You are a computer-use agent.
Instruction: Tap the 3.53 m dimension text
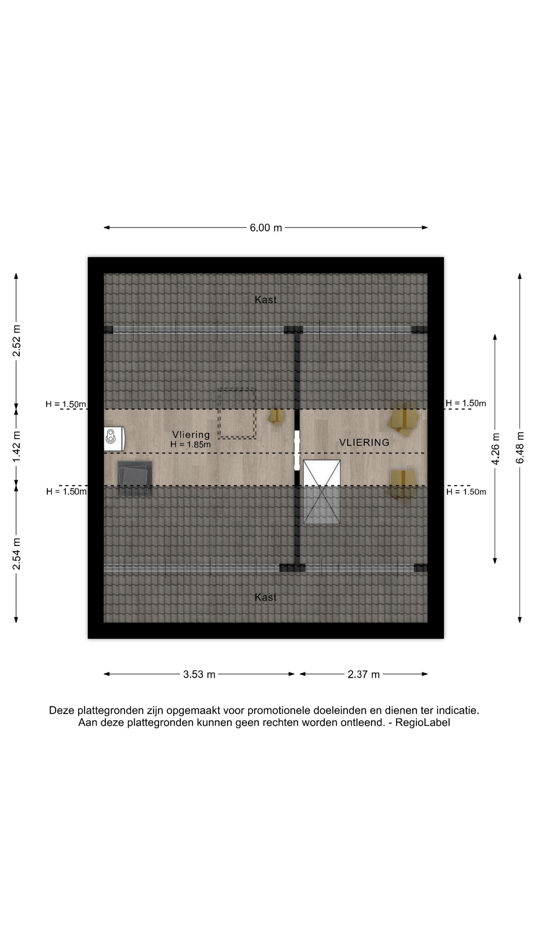pyautogui.click(x=199, y=674)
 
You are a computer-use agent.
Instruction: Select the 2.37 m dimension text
pyautogui.click(x=364, y=674)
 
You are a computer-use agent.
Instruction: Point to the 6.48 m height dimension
pyautogui.click(x=520, y=447)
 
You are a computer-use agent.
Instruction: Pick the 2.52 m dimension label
pyautogui.click(x=16, y=341)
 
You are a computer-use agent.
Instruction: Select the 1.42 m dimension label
pyautogui.click(x=16, y=446)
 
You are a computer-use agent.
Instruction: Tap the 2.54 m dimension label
pyautogui.click(x=16, y=554)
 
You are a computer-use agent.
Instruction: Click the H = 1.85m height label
pyautogui.click(x=191, y=445)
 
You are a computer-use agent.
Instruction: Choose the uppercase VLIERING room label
pyautogui.click(x=364, y=442)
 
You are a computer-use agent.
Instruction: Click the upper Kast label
pyautogui.click(x=265, y=300)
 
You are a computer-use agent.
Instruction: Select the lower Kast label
pyautogui.click(x=265, y=597)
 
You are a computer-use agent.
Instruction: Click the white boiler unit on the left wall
pyautogui.click(x=114, y=439)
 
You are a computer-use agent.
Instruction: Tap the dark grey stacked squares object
pyautogui.click(x=135, y=478)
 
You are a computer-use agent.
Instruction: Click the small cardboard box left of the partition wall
pyautogui.click(x=277, y=416)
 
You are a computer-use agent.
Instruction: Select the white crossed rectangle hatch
pyautogui.click(x=322, y=492)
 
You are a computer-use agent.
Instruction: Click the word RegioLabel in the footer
pyautogui.click(x=422, y=723)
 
